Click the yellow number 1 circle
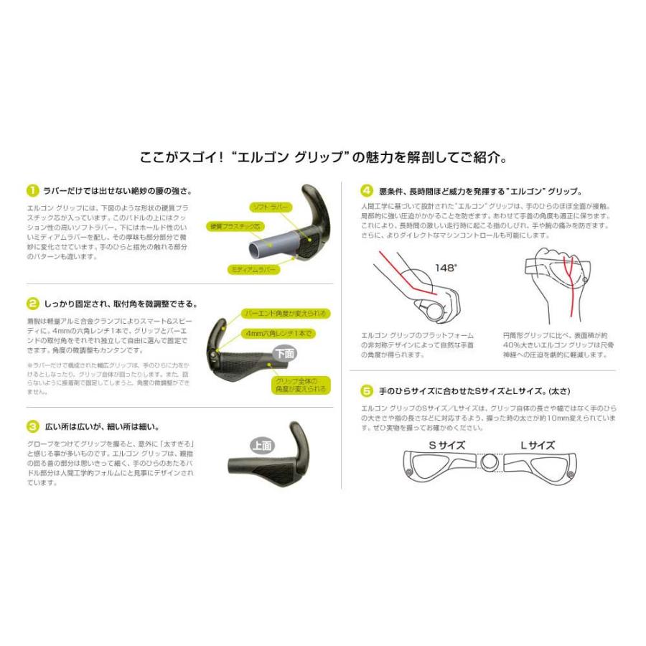click(32, 191)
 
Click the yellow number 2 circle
click(32, 304)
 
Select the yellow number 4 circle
click(367, 191)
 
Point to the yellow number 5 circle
click(367, 390)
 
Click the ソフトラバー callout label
click(271, 206)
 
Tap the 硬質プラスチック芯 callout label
click(235, 227)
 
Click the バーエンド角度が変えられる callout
click(286, 314)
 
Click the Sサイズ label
click(447, 445)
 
